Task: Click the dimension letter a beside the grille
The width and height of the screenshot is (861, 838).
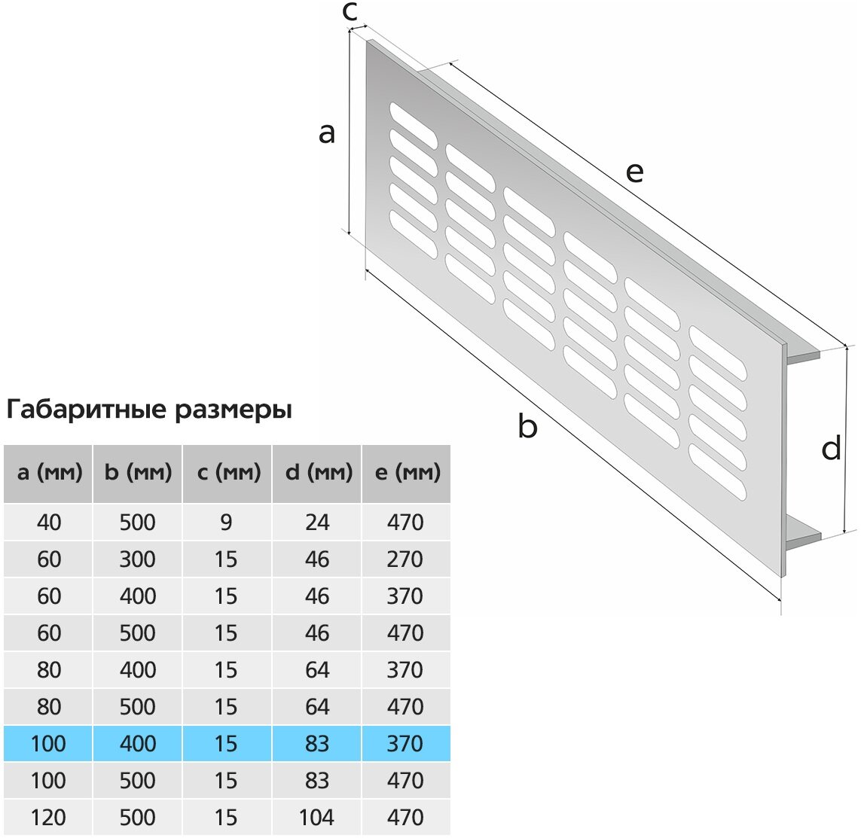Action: click(326, 133)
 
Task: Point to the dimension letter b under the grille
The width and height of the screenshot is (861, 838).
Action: click(528, 427)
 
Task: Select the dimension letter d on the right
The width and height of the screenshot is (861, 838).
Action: click(831, 449)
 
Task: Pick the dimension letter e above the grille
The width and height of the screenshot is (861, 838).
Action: click(635, 172)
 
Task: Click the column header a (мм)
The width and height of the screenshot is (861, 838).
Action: click(49, 473)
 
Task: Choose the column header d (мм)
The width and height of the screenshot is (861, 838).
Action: click(317, 473)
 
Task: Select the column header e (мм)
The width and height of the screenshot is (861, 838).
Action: click(406, 473)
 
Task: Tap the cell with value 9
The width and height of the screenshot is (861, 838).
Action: click(227, 522)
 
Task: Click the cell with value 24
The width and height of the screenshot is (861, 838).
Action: click(317, 522)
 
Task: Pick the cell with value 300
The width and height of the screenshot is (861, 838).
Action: click(138, 559)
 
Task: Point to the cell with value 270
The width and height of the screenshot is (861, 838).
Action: click(406, 559)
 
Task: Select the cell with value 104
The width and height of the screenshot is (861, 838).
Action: click(317, 817)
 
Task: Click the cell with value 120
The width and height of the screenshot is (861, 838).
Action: click(49, 817)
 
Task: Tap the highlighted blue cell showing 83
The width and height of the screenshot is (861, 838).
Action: click(317, 743)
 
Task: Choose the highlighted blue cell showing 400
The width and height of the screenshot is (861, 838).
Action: click(138, 743)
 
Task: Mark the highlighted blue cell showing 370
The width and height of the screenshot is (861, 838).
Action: click(406, 743)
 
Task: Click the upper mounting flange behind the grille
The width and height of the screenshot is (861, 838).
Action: click(803, 355)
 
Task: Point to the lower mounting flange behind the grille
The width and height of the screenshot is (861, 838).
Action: click(803, 538)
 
